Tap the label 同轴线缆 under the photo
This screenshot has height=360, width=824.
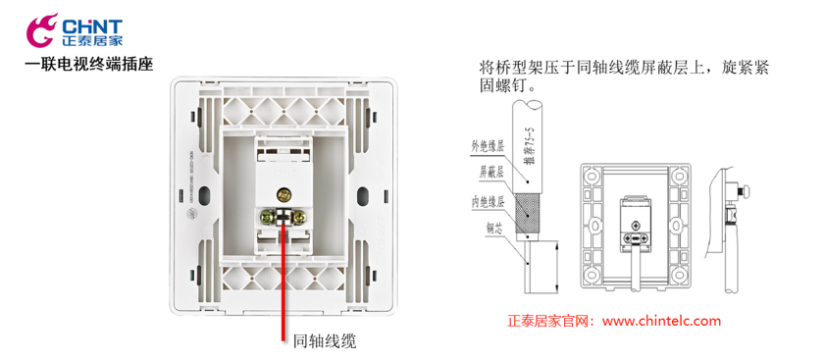coord(325,341)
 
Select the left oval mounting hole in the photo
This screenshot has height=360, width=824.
coord(204,192)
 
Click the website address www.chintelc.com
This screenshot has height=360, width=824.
coord(661,321)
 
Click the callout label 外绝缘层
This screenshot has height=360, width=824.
coord(488,148)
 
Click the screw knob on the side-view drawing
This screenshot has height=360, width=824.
coord(747,188)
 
